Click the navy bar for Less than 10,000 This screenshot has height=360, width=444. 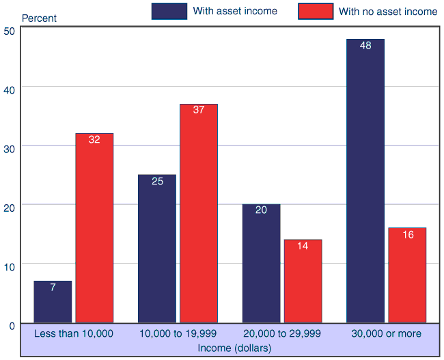pyautogui.click(x=53, y=301)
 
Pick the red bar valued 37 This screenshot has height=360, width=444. pyautogui.click(x=199, y=213)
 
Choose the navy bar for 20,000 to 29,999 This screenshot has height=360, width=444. pyautogui.click(x=261, y=263)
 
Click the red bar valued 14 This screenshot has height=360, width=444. pyautogui.click(x=303, y=281)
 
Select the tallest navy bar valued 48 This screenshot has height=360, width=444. pyautogui.click(x=365, y=181)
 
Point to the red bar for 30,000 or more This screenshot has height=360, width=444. pyautogui.click(x=407, y=275)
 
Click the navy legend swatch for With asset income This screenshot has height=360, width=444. pyautogui.click(x=169, y=11)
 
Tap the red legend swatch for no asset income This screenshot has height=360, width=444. pyautogui.click(x=316, y=11)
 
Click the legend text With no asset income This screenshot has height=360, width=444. pyautogui.click(x=388, y=12)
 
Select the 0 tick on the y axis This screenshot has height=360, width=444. pyautogui.click(x=12, y=326)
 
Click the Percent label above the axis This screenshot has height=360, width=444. pyautogui.click(x=40, y=18)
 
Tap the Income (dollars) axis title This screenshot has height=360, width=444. pyautogui.click(x=234, y=348)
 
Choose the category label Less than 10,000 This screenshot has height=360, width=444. pyautogui.click(x=74, y=333)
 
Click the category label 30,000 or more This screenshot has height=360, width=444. pyautogui.click(x=387, y=333)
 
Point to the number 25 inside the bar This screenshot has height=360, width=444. pyautogui.click(x=157, y=182)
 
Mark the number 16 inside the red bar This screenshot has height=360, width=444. pyautogui.click(x=408, y=235)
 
